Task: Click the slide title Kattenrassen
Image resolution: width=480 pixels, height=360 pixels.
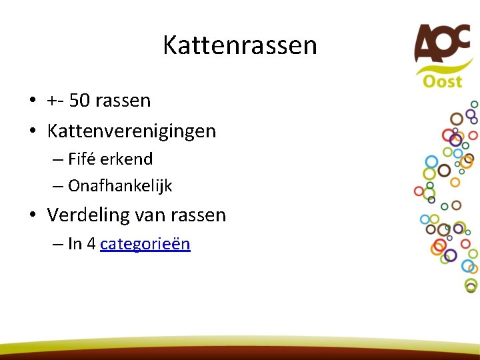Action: [240, 45]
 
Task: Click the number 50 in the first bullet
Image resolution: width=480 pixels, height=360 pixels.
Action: [79, 101]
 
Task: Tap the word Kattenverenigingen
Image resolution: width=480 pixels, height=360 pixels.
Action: [131, 131]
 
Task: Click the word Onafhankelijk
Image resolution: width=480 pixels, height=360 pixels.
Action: [120, 187]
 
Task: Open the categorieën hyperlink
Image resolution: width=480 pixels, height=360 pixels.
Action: [145, 244]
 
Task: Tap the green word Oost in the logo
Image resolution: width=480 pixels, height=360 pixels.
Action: [442, 81]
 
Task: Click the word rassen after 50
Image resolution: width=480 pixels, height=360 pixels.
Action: [123, 101]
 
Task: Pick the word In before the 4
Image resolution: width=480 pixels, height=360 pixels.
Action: [75, 244]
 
